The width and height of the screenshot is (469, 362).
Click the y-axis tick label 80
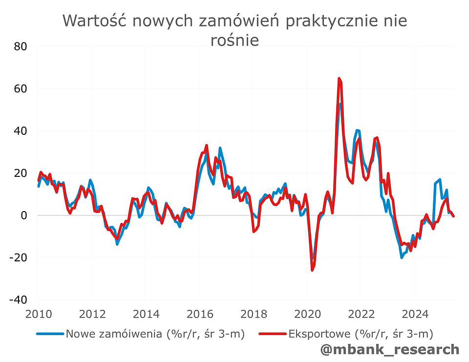[20, 47]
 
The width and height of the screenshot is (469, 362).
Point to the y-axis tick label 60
[20, 89]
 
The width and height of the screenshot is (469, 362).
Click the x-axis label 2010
[37, 313]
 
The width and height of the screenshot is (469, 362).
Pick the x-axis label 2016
[198, 313]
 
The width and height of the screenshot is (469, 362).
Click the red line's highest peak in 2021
[339, 78]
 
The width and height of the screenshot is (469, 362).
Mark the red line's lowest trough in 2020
[312, 270]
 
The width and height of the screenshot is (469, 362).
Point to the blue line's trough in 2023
[402, 257]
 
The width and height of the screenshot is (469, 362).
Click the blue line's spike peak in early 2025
[440, 179]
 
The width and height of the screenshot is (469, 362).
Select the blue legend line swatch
[50, 334]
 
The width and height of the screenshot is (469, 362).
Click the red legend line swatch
[273, 334]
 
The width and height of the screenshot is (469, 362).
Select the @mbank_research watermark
[390, 349]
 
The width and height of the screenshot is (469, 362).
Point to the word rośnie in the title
[234, 40]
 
